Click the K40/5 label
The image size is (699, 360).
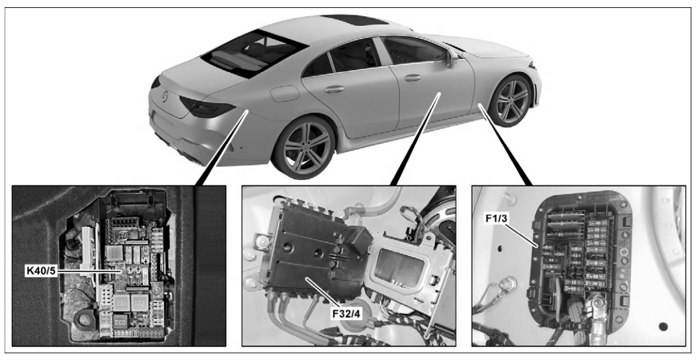(41, 271)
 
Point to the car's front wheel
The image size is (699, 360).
(511, 101)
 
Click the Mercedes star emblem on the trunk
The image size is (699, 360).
(165, 95)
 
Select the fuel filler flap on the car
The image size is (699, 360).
(284, 93)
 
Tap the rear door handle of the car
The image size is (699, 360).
(334, 89)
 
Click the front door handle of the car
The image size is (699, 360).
(413, 78)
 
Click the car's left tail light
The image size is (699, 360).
(207, 107)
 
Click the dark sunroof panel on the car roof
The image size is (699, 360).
(352, 20)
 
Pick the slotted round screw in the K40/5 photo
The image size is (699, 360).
(157, 290)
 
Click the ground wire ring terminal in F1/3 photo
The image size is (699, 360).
(507, 283)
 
